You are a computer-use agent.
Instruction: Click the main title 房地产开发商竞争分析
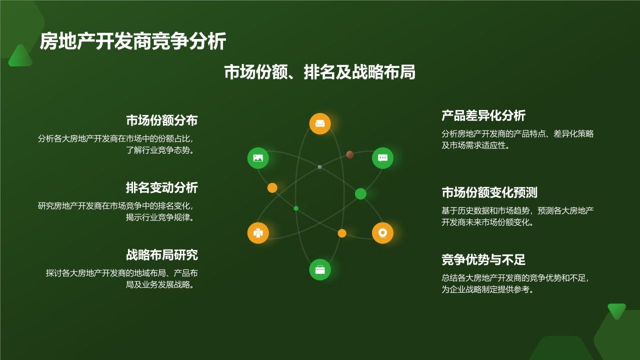133,41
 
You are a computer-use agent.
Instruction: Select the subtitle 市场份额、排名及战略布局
319,72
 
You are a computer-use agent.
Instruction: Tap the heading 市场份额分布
161,120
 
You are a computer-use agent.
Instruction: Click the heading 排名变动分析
161,187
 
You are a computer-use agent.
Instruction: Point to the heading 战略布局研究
161,255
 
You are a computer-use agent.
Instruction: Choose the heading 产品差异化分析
483,115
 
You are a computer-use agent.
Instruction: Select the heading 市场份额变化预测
489,192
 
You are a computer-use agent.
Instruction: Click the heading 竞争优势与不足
483,259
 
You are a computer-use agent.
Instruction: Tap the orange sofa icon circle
320,123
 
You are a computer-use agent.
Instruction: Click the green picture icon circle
258,158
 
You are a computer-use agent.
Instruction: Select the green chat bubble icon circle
382,158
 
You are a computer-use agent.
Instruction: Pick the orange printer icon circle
258,233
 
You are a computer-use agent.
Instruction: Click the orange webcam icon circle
382,233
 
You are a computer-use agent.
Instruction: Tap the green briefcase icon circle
320,269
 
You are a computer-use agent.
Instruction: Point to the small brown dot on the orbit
350,154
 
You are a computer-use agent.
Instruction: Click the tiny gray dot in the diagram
319,167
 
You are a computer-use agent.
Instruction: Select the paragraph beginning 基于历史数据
517,216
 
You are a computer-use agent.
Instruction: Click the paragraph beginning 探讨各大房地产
121,279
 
